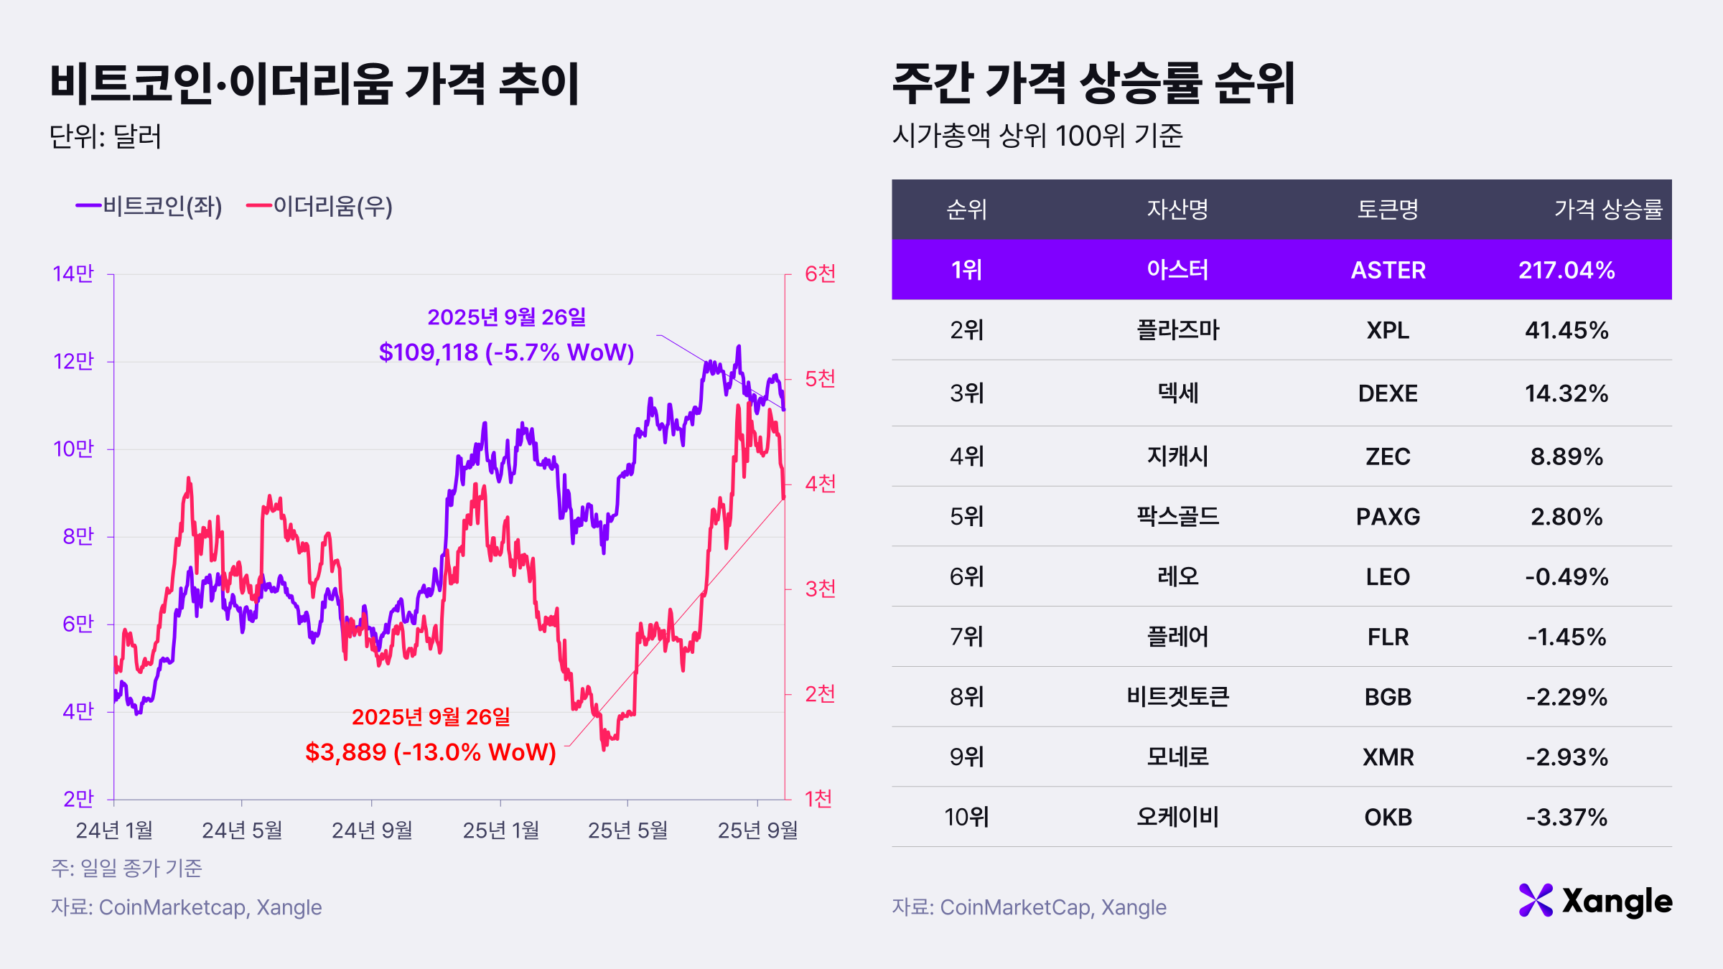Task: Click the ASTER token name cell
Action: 1388,270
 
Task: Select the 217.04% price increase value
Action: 1566,270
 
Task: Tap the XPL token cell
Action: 1388,330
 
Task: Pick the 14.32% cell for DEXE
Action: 1566,393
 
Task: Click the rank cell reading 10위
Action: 966,817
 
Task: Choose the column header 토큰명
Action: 1388,210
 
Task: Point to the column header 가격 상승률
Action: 1608,210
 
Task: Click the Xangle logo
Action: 1595,901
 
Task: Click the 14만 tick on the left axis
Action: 73,273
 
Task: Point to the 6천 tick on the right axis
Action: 820,273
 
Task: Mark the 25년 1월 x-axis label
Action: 500,830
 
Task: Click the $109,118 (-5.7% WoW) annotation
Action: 506,352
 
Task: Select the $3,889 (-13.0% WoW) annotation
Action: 431,752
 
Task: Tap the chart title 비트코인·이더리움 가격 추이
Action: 314,84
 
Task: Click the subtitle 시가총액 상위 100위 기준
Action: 1037,135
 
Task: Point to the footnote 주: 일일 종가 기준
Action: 127,869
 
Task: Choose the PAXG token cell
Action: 1388,517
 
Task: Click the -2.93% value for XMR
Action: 1566,757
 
